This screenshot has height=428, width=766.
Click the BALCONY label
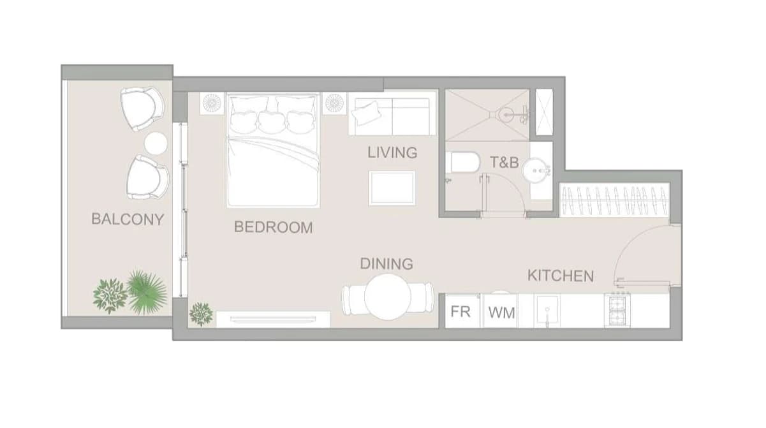tap(128, 219)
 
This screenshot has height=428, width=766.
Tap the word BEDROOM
tap(273, 227)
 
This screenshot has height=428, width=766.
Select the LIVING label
tap(392, 152)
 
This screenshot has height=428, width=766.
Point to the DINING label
tap(387, 264)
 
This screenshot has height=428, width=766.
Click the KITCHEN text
tap(561, 276)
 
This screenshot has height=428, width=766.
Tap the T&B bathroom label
tap(505, 163)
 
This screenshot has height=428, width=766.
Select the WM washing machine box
tap(501, 312)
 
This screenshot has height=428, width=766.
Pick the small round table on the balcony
tap(156, 144)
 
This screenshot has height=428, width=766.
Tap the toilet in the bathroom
tap(462, 163)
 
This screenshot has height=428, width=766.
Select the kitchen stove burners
tap(617, 310)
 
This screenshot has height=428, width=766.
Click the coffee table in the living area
tap(392, 188)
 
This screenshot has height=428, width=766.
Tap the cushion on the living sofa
tap(367, 113)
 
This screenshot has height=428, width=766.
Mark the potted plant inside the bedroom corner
tap(201, 313)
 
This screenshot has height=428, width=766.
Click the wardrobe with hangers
tap(614, 200)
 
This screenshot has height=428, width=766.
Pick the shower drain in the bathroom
tap(506, 114)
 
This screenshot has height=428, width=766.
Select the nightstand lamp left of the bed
tap(212, 103)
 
